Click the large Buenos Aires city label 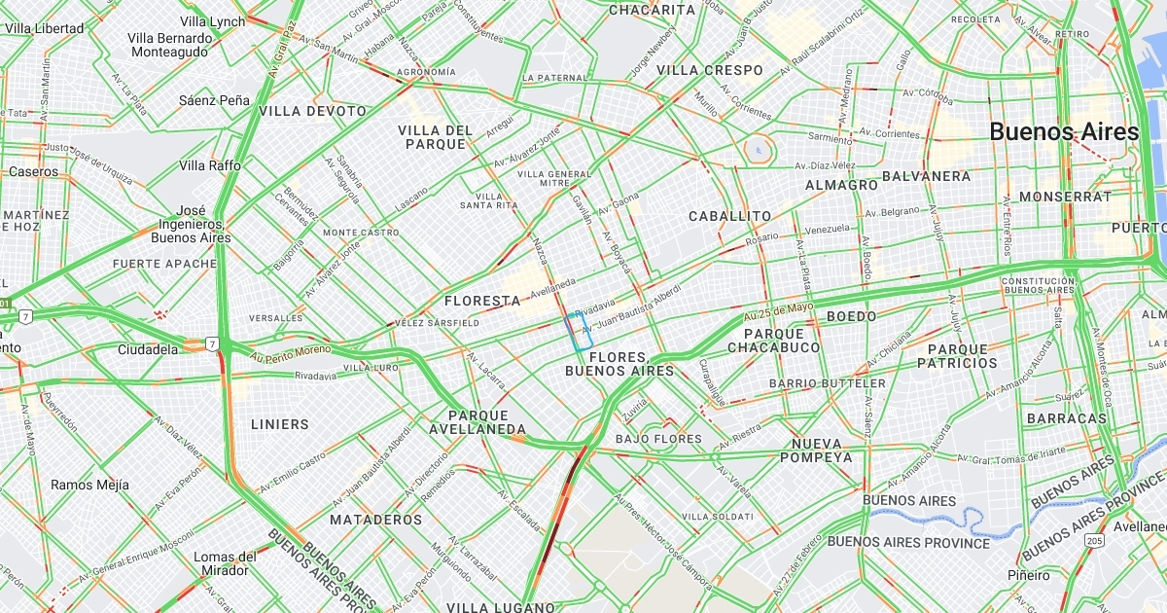click(1064, 132)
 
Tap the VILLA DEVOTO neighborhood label click(313, 111)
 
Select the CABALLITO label click(729, 216)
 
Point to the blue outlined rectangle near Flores click(580, 331)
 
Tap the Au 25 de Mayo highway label click(778, 311)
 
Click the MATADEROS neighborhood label click(375, 520)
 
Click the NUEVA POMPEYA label click(815, 451)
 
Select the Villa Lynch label click(213, 21)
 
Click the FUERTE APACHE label click(165, 264)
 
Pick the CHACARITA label click(652, 10)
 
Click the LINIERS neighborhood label click(279, 424)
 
